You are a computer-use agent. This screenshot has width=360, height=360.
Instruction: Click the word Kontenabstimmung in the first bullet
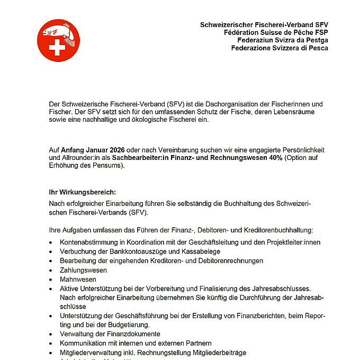[89, 242]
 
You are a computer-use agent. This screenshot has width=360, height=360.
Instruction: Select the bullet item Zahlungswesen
[83, 270]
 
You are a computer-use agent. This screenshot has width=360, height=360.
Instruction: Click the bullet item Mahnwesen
[78, 279]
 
